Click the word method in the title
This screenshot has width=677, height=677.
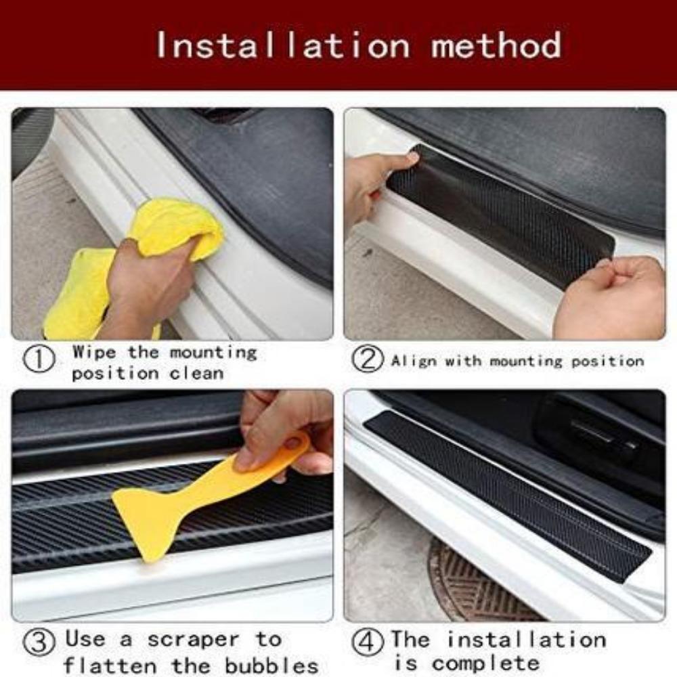(x=496, y=45)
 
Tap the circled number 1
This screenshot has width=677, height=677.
(x=39, y=360)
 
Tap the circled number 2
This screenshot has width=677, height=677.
(x=367, y=359)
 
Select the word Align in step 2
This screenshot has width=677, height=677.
(x=414, y=361)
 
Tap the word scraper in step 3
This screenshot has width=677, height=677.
(x=192, y=639)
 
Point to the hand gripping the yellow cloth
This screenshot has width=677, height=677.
(x=146, y=284)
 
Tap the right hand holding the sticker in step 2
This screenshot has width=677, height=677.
(x=609, y=298)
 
